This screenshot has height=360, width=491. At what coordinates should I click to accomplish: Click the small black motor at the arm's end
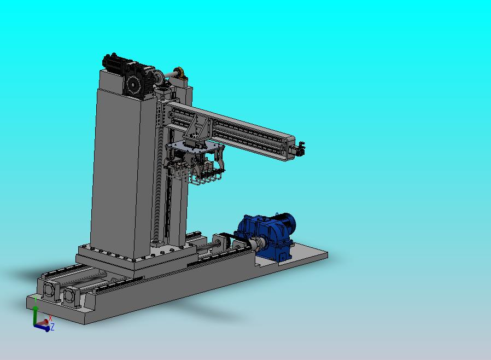click(299, 149)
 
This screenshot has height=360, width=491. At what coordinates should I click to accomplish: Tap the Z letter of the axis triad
click(52, 327)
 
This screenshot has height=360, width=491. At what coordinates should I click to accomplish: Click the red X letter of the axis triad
click(50, 318)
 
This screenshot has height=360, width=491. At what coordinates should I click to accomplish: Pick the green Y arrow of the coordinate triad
click(36, 316)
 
